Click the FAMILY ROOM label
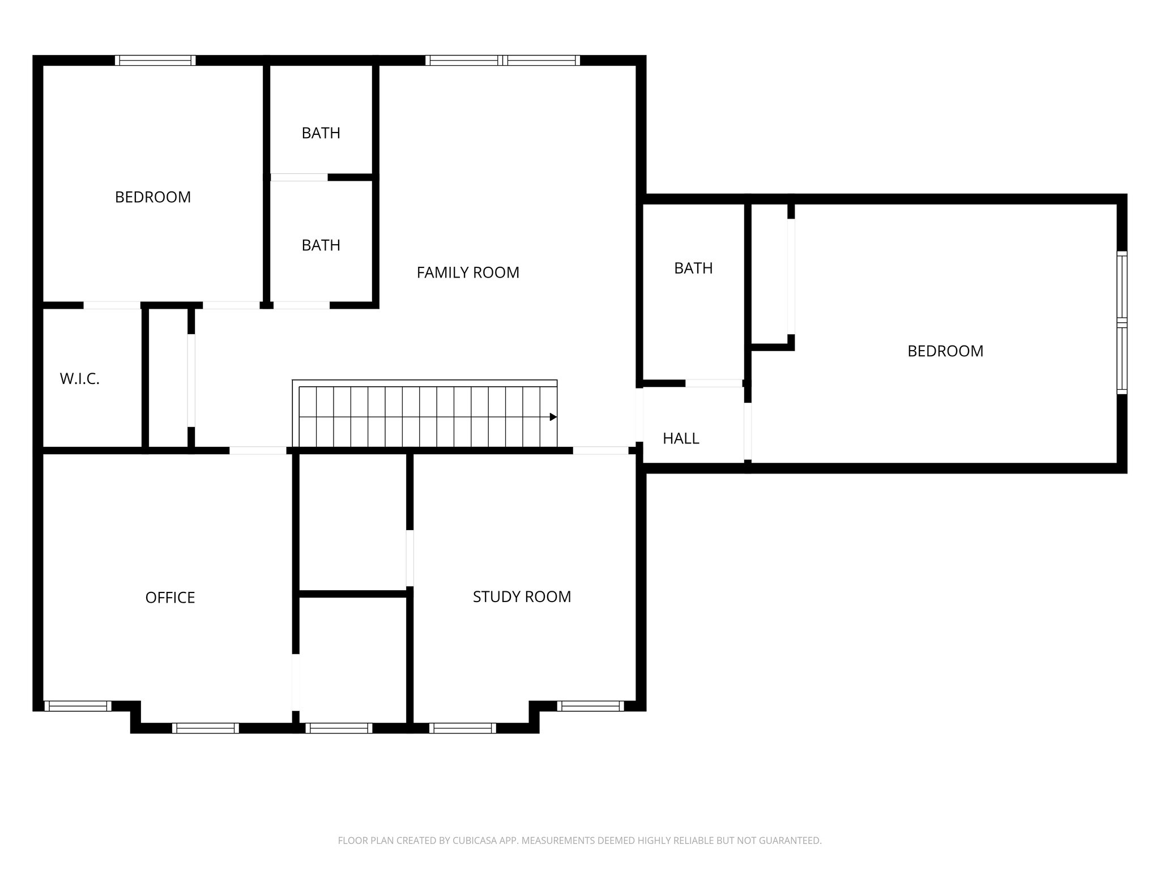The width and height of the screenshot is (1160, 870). point(468,272)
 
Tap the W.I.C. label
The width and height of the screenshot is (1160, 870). point(80,379)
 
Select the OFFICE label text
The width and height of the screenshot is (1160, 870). point(170,598)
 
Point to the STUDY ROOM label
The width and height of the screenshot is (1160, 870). point(522,596)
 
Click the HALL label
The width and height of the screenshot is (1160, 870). point(681,438)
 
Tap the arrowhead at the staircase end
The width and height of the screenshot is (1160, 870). point(553,417)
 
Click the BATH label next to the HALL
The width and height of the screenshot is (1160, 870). point(693,268)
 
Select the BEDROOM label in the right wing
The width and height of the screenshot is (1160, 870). point(945,351)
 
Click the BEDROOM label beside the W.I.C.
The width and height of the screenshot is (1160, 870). point(153,197)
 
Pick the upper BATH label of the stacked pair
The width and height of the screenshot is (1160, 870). point(321,133)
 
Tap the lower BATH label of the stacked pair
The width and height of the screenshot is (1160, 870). point(321,245)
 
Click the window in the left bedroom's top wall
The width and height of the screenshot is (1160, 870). point(155,61)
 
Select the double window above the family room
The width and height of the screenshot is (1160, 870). point(502,61)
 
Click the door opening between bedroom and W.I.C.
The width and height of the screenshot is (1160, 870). point(112,305)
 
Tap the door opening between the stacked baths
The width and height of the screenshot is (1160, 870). point(299,177)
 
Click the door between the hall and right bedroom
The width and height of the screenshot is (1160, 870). point(748,431)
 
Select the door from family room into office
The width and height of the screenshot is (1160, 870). point(258,451)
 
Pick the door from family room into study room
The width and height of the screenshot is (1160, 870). point(600,451)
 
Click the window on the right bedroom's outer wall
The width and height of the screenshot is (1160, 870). point(1121,322)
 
